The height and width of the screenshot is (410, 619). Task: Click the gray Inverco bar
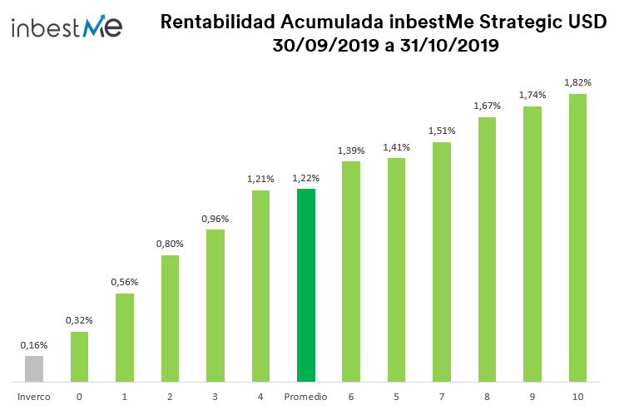(x=34, y=369)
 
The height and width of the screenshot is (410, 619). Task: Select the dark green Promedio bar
(x=306, y=285)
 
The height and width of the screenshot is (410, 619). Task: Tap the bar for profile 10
(x=577, y=238)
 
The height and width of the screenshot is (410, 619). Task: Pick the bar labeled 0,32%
(x=79, y=357)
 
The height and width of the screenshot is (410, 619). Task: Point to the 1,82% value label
(x=577, y=83)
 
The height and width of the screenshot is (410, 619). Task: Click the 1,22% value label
(x=306, y=178)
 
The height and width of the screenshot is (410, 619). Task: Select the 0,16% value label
(x=34, y=345)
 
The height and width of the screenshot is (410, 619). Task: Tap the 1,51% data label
(x=442, y=131)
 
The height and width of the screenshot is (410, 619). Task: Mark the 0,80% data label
(x=170, y=244)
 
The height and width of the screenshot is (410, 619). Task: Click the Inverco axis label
(x=34, y=397)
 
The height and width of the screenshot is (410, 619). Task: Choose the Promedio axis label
(x=306, y=397)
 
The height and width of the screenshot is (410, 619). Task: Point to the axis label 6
(x=351, y=397)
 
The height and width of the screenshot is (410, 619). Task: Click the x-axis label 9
(x=532, y=397)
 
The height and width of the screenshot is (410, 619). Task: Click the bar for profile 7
(x=442, y=262)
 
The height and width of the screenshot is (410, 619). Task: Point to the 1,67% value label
(x=487, y=106)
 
